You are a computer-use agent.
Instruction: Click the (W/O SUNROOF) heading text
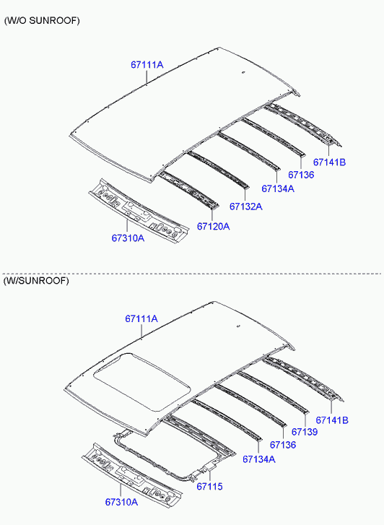click(x=42, y=21)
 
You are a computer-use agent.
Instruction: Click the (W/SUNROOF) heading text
click(x=36, y=281)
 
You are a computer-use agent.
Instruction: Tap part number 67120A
click(x=213, y=226)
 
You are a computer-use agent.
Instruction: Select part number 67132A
click(x=245, y=207)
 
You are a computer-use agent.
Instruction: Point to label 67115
click(x=209, y=486)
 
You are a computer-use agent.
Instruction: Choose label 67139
click(x=305, y=432)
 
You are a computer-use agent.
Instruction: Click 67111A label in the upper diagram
click(x=147, y=64)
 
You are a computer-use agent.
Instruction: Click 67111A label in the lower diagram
click(x=141, y=318)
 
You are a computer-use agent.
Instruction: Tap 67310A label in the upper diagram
click(x=128, y=238)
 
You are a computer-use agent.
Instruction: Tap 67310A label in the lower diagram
click(x=121, y=502)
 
